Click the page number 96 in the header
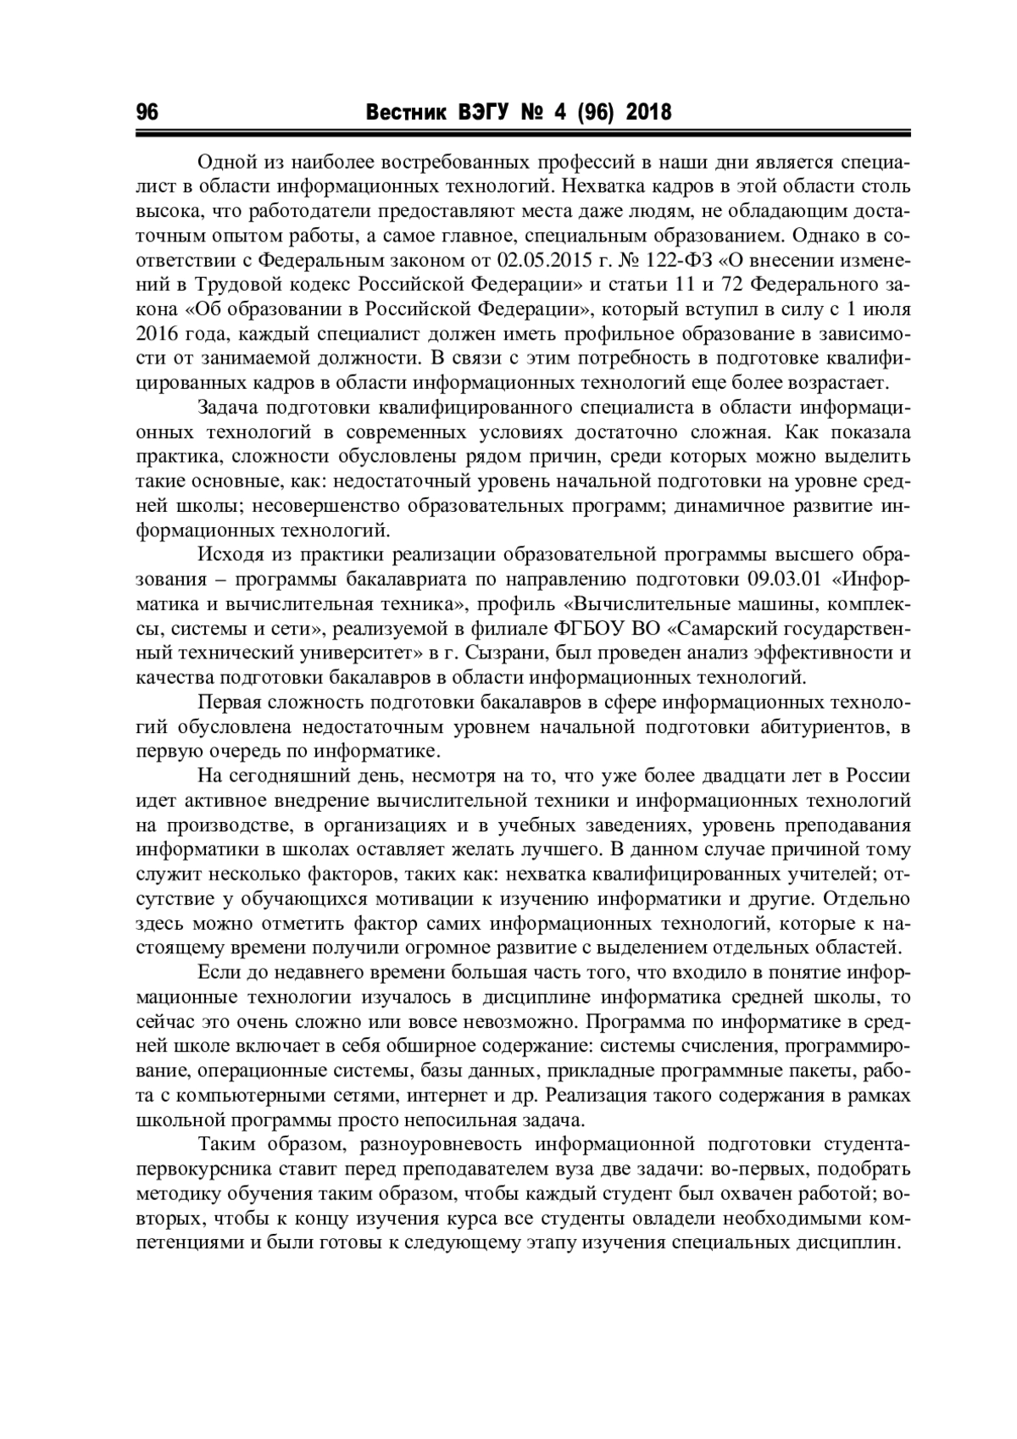(147, 112)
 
